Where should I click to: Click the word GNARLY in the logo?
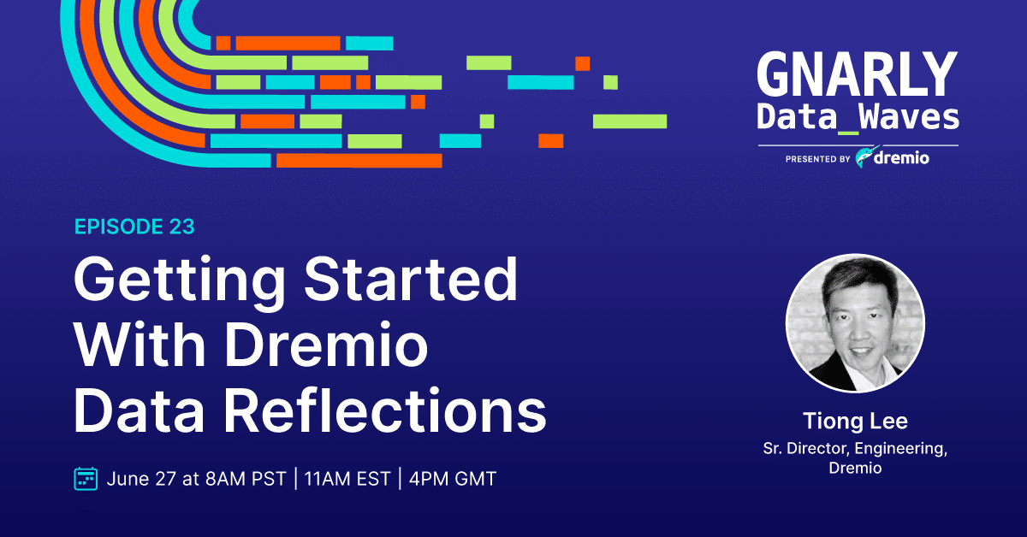[858, 74]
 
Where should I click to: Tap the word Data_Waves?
[858, 118]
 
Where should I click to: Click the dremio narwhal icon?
[866, 156]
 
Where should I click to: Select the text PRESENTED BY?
[818, 159]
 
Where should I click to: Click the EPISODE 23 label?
[134, 227]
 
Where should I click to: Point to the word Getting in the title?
[180, 280]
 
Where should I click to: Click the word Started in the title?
[411, 279]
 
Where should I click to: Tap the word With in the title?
[140, 344]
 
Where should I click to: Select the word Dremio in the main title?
[326, 344]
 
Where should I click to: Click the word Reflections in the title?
[385, 410]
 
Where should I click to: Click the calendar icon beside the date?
[86, 479]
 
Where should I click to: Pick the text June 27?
[141, 479]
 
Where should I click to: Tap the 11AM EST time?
[347, 479]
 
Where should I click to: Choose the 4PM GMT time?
[453, 479]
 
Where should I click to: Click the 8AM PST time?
[246, 479]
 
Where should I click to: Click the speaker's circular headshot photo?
[855, 323]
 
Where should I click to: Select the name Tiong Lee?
[855, 421]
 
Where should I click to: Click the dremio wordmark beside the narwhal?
[901, 157]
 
